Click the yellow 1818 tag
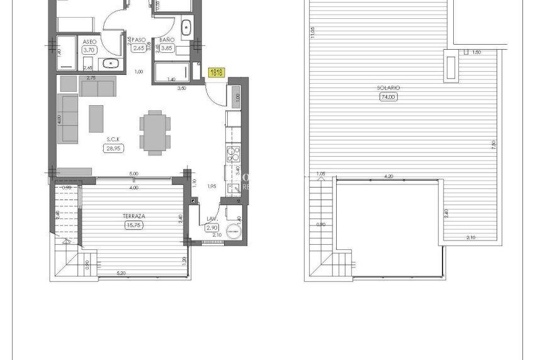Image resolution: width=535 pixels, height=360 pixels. point(217,73)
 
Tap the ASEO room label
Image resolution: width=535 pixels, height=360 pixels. point(89,42)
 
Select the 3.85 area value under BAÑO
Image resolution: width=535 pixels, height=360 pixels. point(166,48)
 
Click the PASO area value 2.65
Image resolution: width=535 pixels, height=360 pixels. point(140,48)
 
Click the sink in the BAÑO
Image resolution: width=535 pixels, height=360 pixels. point(186,28)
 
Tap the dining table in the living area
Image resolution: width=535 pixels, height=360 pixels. point(155,132)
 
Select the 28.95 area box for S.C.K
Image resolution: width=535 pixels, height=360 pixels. point(113,149)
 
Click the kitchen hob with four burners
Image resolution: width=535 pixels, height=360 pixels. point(233,154)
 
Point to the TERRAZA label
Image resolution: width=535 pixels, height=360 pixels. point(134,215)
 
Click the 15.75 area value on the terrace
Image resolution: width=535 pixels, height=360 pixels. point(134,224)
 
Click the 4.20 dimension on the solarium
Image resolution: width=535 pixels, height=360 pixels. point(389,177)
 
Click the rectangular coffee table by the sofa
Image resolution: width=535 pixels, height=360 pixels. point(96,118)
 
